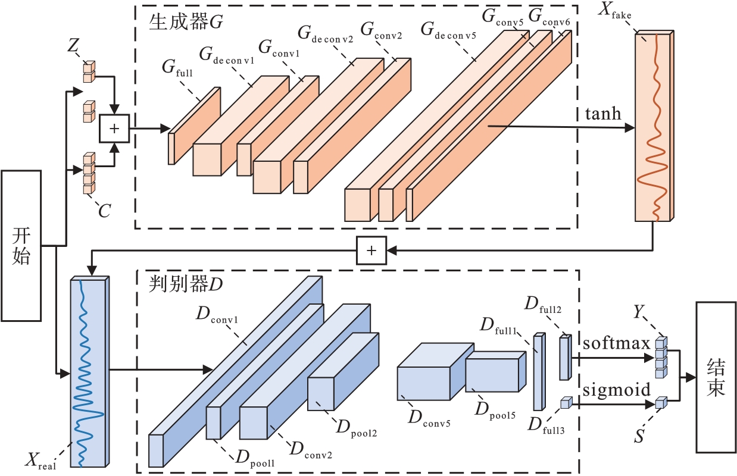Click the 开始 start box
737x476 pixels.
click(x=21, y=246)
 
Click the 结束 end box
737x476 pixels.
click(x=716, y=377)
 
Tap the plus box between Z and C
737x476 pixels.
click(x=115, y=129)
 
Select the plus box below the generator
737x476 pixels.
click(x=371, y=250)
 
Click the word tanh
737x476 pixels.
click(x=603, y=114)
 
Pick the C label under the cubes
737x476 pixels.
click(x=105, y=211)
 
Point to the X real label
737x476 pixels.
click(x=40, y=460)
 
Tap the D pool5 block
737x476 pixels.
click(x=492, y=374)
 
